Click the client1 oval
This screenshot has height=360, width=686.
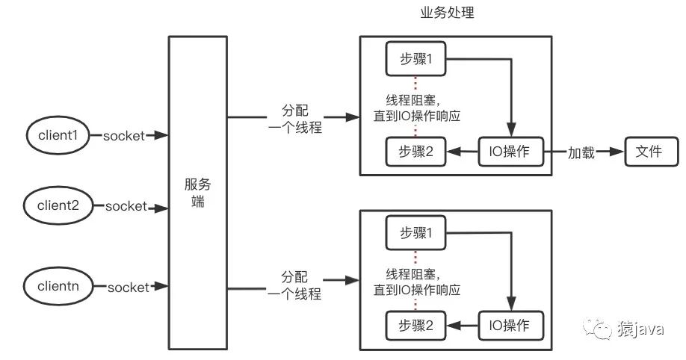pyautogui.click(x=58, y=135)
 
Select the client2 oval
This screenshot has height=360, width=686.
pyautogui.click(x=58, y=205)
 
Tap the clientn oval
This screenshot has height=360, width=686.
pyautogui.click(x=58, y=286)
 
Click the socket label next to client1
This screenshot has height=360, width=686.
pyautogui.click(x=124, y=136)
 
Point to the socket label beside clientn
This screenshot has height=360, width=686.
pyautogui.click(x=129, y=288)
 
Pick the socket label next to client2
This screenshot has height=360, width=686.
pyautogui.click(x=126, y=206)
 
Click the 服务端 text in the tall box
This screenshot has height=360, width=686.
pyautogui.click(x=198, y=193)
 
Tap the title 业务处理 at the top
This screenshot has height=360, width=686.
pyautogui.click(x=447, y=13)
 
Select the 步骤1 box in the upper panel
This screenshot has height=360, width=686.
pyautogui.click(x=415, y=58)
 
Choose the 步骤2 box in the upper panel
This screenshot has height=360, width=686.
pyautogui.click(x=415, y=152)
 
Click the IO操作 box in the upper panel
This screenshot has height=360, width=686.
pyautogui.click(x=510, y=152)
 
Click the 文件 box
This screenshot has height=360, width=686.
pyautogui.click(x=651, y=152)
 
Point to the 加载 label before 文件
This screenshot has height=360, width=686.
pyautogui.click(x=581, y=152)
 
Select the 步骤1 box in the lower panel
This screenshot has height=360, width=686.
pyautogui.click(x=415, y=233)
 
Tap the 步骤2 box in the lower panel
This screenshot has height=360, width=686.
pyautogui.click(x=415, y=326)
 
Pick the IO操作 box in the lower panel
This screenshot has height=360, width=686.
pyautogui.click(x=510, y=326)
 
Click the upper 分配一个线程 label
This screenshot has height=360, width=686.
pyautogui.click(x=295, y=119)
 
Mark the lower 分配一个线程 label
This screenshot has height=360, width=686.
pyautogui.click(x=295, y=285)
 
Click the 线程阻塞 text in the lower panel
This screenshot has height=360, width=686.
pyautogui.click(x=411, y=275)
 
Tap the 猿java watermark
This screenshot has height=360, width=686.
pyautogui.click(x=623, y=328)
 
